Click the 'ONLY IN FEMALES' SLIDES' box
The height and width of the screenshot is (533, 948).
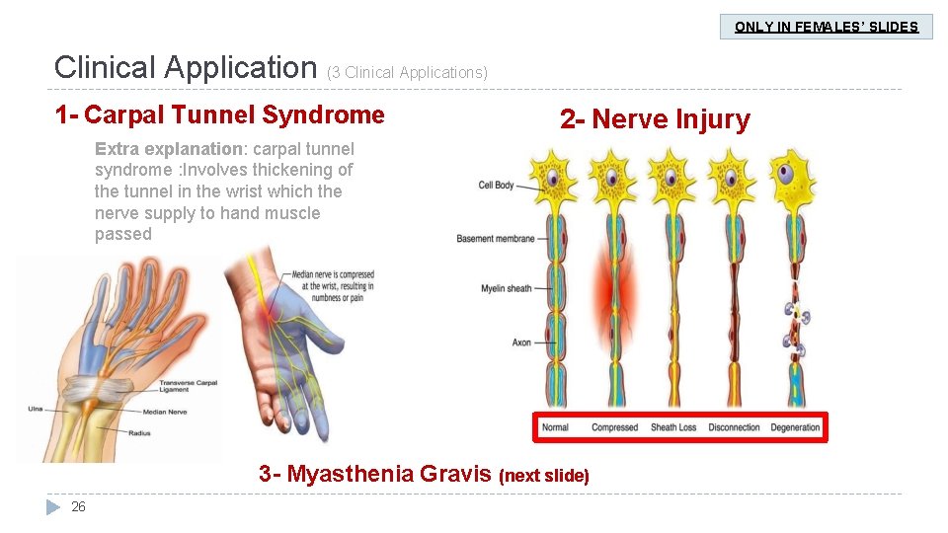tap(827, 27)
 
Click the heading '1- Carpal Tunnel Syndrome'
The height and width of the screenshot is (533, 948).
tap(219, 115)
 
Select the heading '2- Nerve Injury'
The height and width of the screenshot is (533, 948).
tap(655, 120)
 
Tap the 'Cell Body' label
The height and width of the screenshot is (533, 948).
tap(496, 186)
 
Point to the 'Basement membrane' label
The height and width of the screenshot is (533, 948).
tap(496, 239)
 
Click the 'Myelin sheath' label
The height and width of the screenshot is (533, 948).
tap(506, 288)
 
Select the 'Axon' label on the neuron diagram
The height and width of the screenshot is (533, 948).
tap(521, 343)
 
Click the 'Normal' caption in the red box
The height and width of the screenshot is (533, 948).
tap(555, 427)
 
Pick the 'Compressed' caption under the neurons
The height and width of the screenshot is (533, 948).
tap(614, 427)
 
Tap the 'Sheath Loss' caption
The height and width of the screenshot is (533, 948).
tap(673, 427)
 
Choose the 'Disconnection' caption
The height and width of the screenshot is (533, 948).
tap(734, 427)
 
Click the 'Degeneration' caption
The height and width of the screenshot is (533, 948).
tap(796, 427)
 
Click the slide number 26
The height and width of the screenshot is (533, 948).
tap(78, 507)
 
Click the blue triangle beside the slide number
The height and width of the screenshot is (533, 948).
tap(53, 507)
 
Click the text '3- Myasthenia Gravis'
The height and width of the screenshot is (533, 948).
tap(375, 474)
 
